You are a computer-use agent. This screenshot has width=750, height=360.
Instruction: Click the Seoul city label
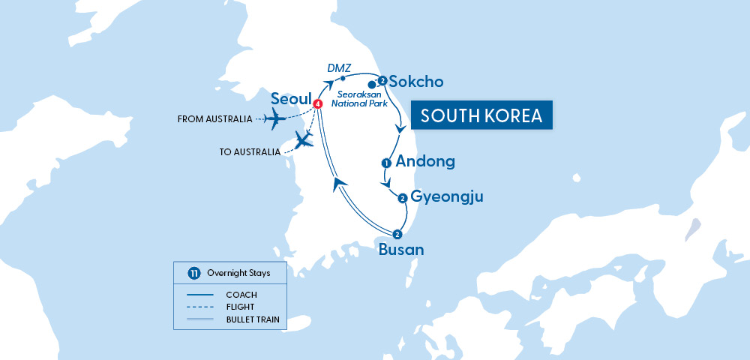coord(291,99)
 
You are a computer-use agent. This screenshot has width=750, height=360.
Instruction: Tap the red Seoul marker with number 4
coord(318,103)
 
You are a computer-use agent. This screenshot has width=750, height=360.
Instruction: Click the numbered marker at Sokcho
coord(382,80)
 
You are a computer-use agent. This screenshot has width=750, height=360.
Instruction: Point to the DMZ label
coord(339,68)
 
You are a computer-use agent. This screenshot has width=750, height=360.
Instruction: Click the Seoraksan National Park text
coord(362,99)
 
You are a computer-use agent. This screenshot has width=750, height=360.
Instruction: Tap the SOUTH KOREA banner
coord(481,116)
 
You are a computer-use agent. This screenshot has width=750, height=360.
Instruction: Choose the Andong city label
coord(425,161)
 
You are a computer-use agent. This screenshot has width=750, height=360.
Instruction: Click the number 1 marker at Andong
coord(386,162)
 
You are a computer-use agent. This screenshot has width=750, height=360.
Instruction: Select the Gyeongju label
coord(447,197)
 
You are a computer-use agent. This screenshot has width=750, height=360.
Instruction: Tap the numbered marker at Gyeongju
coord(403,198)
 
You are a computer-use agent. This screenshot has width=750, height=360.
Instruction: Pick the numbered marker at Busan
coord(397,234)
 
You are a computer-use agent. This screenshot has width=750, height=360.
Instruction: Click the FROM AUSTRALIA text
coord(214,119)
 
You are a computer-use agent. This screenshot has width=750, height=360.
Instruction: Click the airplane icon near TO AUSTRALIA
coord(303,139)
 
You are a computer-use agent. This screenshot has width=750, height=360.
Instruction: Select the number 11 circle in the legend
coord(193,273)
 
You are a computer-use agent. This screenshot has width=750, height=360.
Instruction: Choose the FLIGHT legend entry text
coord(240,307)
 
